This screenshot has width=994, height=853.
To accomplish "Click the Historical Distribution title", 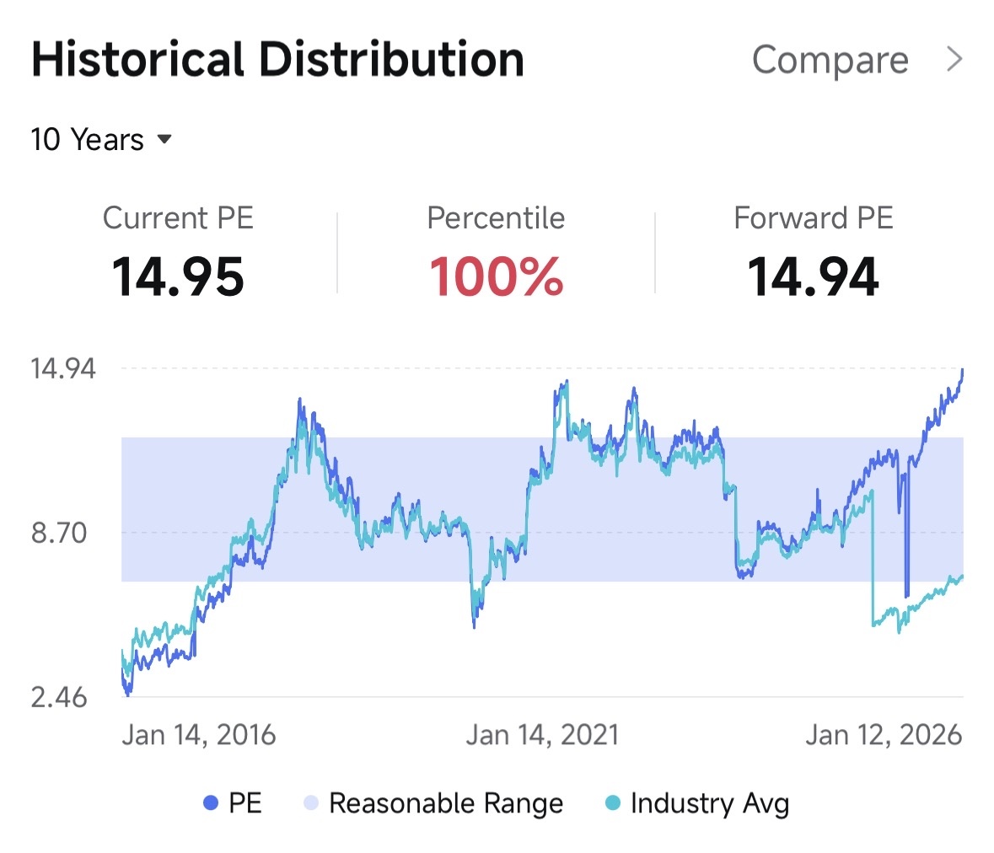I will coord(277,60).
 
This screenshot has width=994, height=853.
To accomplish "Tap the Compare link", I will coord(830,60).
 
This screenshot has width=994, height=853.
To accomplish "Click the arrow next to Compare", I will coord(954,60).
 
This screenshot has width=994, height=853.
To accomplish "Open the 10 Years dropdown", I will coord(88,139).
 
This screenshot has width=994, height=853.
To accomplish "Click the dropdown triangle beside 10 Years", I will coord(164,139).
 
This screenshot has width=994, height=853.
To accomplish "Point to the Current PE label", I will coord(178,218).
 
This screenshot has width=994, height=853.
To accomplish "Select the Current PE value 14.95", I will coord(178,277).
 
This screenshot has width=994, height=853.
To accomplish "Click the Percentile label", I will coord(496,218).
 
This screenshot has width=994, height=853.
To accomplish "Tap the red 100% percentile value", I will coord(496,277).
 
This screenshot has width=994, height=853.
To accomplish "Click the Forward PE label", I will coord(813,218).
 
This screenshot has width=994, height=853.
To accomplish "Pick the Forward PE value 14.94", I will coord(813,277).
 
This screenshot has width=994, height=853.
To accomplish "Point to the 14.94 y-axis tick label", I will coord(63,369).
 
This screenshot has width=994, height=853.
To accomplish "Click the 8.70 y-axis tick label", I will coord(59,533).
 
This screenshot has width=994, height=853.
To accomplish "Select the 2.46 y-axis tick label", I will coord(59,697).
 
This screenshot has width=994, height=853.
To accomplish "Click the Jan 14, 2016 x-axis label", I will coord(198,735).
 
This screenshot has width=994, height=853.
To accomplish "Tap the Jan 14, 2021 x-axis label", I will coord(542,735).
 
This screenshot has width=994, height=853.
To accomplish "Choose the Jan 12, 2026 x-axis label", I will coord(883,735).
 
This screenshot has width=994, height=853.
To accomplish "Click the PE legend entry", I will coord(234,803).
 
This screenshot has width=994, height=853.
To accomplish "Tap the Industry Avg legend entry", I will coord(698,803).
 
